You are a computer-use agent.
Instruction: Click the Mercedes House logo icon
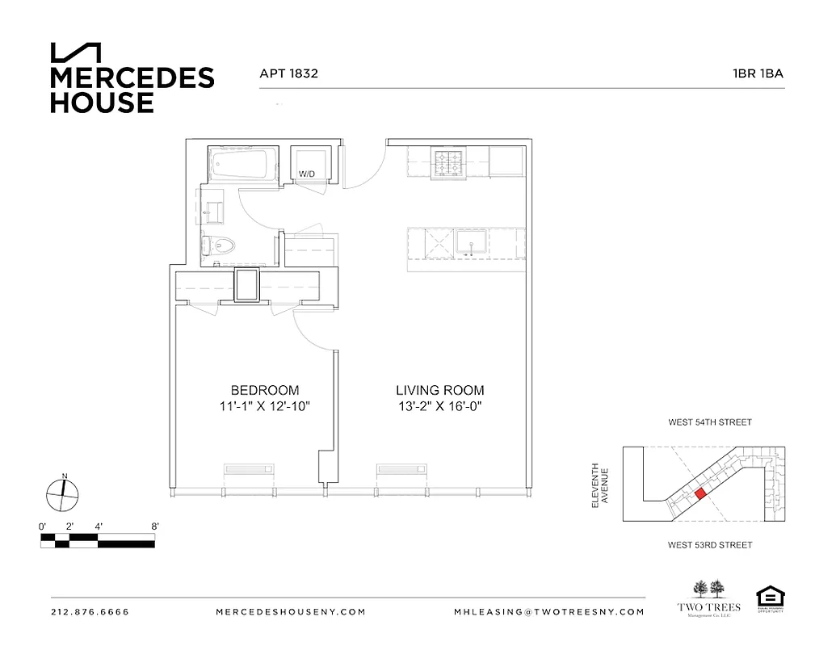click(76, 52)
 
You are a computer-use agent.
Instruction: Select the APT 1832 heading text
click(288, 73)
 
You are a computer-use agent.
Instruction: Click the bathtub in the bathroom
click(240, 164)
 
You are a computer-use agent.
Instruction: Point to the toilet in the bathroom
click(219, 245)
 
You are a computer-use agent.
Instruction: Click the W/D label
click(307, 174)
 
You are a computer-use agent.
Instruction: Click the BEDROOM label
click(265, 389)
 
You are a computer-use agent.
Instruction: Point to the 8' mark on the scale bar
click(154, 526)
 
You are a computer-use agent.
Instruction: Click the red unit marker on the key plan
click(700, 493)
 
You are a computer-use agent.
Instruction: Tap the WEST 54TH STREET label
click(710, 422)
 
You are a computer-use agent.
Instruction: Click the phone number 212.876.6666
click(90, 612)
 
